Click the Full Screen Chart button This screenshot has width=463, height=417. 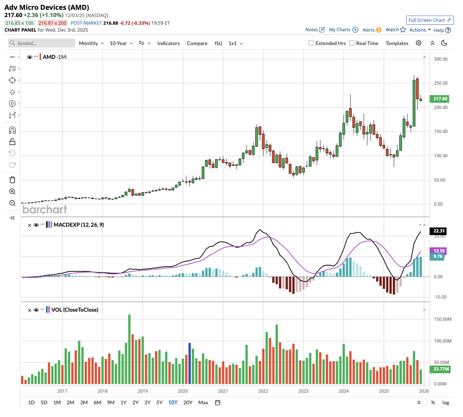coord(430,20)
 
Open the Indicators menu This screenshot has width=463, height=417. coord(168,43)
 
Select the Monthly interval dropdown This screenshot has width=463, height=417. coord(91,43)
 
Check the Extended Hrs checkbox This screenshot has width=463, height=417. coord(311,43)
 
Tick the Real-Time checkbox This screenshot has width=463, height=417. coord(352,43)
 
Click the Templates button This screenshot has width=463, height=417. coord(397,43)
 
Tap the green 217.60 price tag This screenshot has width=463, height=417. coord(440,99)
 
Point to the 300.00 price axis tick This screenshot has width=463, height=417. coord(440,59)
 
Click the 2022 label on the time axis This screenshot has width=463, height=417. coord(263,391)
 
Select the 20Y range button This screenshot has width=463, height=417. coord(188,402)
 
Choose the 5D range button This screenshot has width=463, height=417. coord(44,402)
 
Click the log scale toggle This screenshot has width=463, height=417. coord(446,402)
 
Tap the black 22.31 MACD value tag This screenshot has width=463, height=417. coord(439,231)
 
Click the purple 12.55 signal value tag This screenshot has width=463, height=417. coord(439,251)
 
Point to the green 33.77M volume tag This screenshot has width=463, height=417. coord(441,369)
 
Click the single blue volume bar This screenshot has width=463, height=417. coord(189,363)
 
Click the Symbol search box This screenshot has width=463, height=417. coord(42,43)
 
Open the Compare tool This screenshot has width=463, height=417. coord(197,43)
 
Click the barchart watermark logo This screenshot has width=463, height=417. coord(45,210)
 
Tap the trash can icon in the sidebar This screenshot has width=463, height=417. coord(12,180)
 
